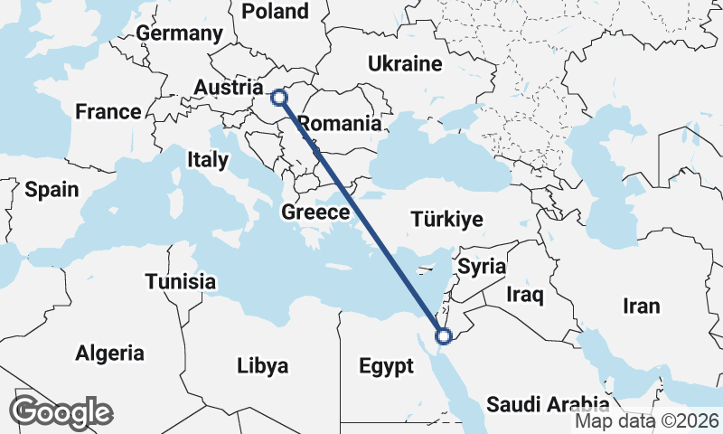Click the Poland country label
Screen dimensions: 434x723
pyautogui.click(x=276, y=11)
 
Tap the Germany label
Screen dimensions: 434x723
pyautogui.click(x=179, y=33)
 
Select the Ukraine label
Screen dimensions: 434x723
pyautogui.click(x=404, y=63)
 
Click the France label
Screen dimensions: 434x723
pyautogui.click(x=108, y=112)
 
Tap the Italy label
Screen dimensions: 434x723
pyautogui.click(x=208, y=160)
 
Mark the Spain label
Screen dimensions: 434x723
pyautogui.click(x=52, y=190)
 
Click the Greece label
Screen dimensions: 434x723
pyautogui.click(x=315, y=213)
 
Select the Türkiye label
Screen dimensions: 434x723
pyautogui.click(x=446, y=219)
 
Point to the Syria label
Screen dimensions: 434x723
pyautogui.click(x=482, y=267)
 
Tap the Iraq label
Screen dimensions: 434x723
pyautogui.click(x=523, y=295)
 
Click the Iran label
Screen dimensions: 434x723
pyautogui.click(x=642, y=306)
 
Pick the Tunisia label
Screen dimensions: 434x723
pyautogui.click(x=181, y=281)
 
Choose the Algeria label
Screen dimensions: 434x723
pyautogui.click(x=109, y=353)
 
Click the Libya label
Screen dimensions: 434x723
pyautogui.click(x=262, y=366)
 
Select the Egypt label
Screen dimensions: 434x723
pyautogui.click(x=386, y=366)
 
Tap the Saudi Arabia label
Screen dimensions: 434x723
pyautogui.click(x=548, y=404)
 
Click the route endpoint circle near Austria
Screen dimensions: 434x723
pyautogui.click(x=279, y=96)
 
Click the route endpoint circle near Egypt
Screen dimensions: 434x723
pyautogui.click(x=444, y=336)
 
